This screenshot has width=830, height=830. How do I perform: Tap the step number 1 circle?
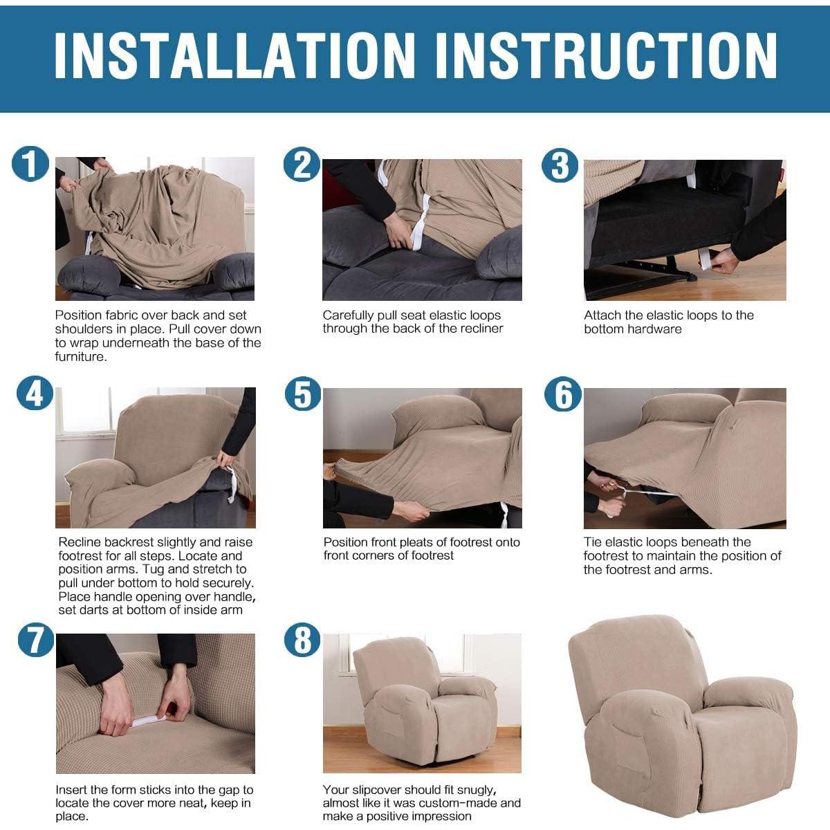coord(30,165)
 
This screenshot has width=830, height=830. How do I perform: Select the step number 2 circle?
coord(302,165)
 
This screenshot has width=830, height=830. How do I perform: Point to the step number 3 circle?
coord(560,166)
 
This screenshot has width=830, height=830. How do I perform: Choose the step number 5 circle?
coord(303,394)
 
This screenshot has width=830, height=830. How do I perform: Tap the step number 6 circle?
coord(563,395)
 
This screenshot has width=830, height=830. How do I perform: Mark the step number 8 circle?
coord(303,640)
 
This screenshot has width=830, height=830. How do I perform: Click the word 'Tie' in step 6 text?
coord(593,542)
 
